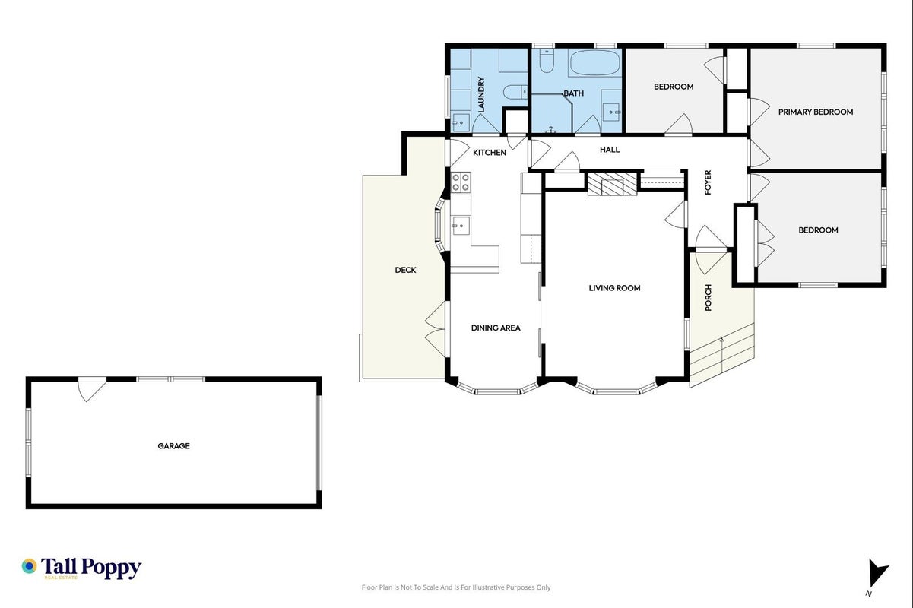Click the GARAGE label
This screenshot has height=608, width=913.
coord(173,446)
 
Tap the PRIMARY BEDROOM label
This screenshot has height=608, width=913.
coord(816,112)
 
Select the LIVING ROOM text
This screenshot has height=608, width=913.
coord(614,288)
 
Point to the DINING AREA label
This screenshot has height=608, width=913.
coord(496,328)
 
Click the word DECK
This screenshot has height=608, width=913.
coord(405,270)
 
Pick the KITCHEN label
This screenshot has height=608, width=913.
coord(489,153)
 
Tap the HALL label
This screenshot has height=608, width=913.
coord(610,150)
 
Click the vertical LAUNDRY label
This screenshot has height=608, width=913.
coord(481,95)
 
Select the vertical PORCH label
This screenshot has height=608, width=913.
coord(708,298)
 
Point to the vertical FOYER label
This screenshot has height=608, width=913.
coord(708,182)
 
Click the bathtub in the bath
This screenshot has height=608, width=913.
coord(594,63)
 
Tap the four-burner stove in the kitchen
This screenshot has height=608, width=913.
coord(461,182)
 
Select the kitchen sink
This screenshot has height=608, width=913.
coord(460,226)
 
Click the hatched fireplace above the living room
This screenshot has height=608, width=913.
coord(612,184)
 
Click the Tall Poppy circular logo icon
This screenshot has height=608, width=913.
coord(30,566)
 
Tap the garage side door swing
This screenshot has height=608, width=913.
coord(92,390)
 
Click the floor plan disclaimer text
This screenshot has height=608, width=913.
coord(456,587)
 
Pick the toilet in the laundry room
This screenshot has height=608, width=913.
coord(515,92)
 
